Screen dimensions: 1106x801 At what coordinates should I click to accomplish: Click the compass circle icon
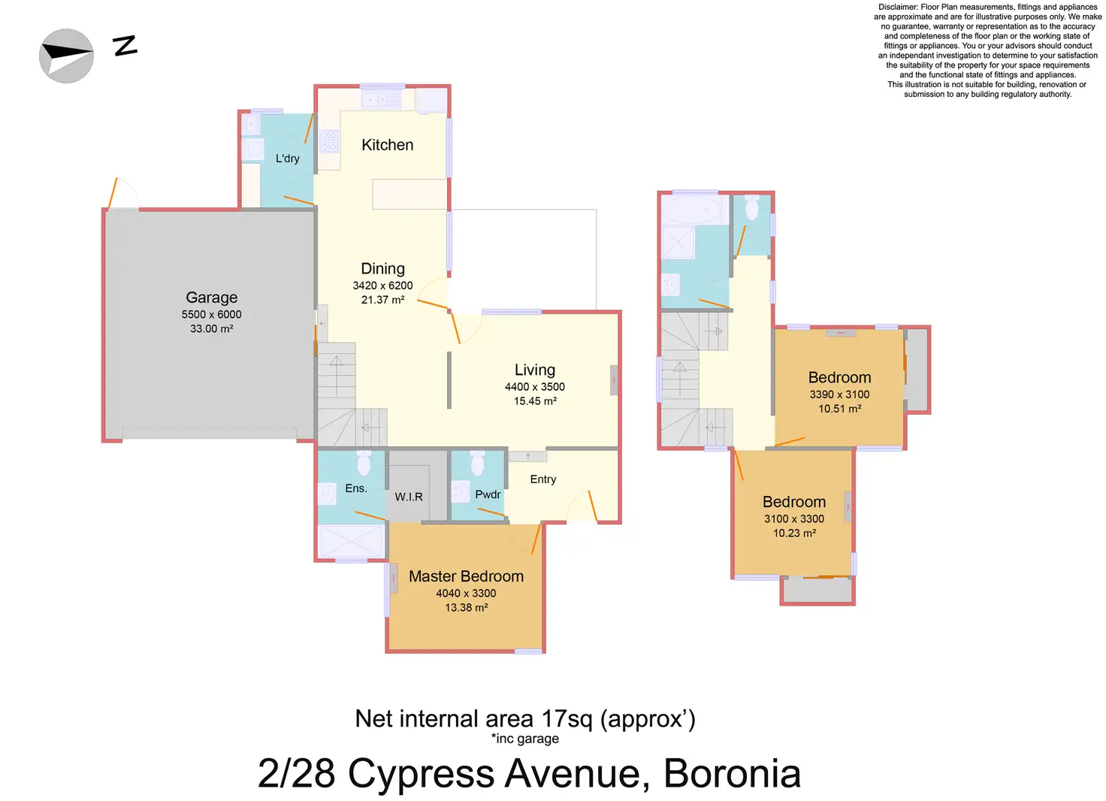(66, 56)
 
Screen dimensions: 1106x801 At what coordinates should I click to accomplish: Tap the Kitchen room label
(387, 145)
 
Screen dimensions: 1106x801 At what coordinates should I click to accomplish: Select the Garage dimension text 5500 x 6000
(211, 314)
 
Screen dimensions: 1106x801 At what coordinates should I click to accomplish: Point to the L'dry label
(287, 158)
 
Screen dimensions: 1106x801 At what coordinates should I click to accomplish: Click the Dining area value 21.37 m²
(382, 299)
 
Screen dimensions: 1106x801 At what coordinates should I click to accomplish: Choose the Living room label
(535, 370)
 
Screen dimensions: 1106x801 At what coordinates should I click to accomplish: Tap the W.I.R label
(408, 497)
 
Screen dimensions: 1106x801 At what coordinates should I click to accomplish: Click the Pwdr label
(488, 494)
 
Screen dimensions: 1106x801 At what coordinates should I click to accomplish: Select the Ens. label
(356, 488)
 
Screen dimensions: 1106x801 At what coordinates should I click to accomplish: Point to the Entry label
(542, 479)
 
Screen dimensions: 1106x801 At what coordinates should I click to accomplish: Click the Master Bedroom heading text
(466, 576)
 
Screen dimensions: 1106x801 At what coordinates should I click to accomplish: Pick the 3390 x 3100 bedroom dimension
(839, 394)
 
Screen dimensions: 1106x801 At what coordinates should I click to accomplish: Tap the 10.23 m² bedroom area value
(794, 533)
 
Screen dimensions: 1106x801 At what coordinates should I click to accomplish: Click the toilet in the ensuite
(364, 462)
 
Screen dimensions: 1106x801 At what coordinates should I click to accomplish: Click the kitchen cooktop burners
(329, 141)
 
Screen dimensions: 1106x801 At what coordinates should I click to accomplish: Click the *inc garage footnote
(525, 739)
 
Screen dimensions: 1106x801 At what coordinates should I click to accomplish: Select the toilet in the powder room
(477, 462)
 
